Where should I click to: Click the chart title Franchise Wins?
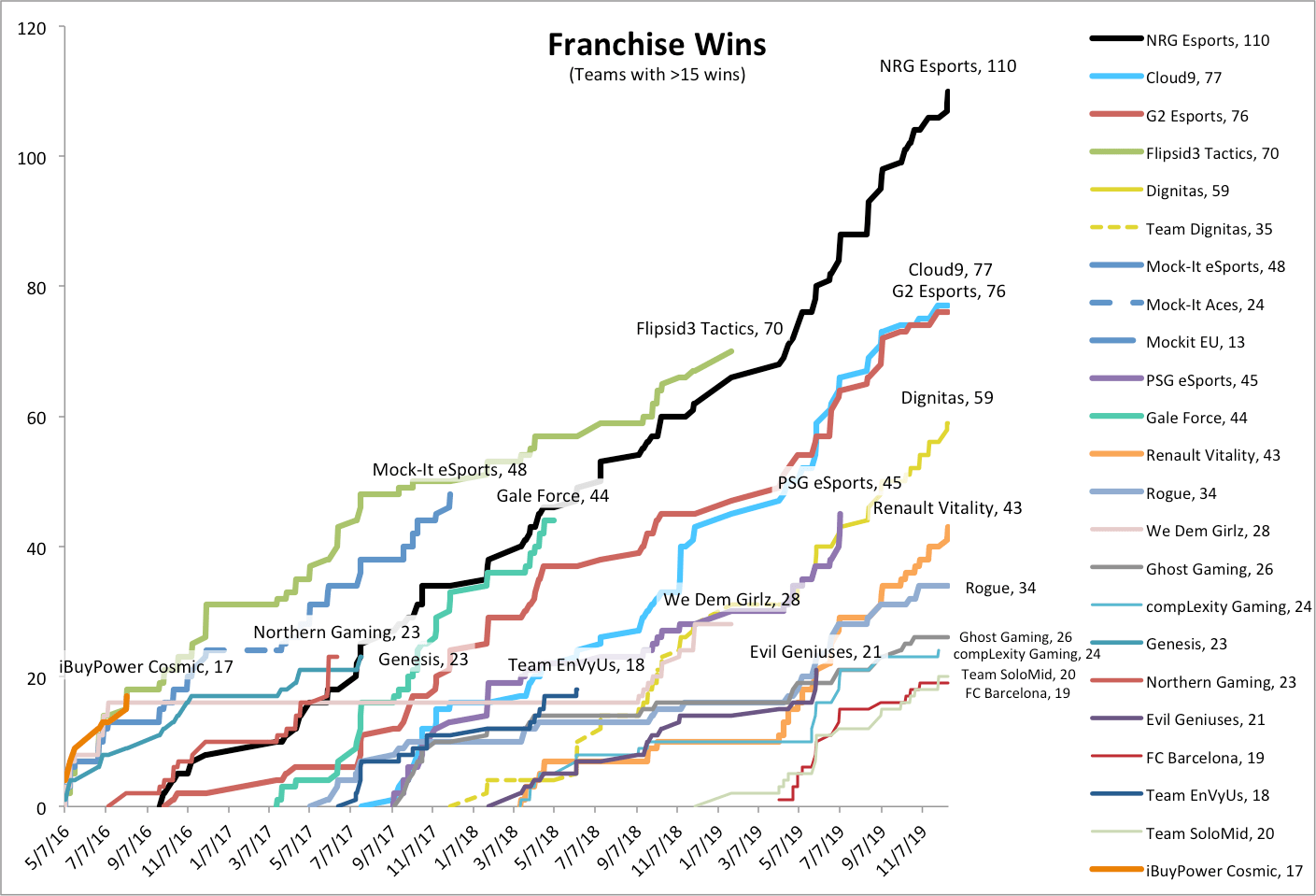tap(657, 45)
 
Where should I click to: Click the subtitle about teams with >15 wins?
tap(657, 75)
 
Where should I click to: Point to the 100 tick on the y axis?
tap(32, 158)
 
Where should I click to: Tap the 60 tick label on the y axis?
tap(35, 418)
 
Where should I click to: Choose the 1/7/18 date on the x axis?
tap(458, 846)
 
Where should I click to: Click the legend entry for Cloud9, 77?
tap(1183, 78)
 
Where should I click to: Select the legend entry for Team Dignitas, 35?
tap(1209, 229)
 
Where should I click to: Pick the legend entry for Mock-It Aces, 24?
tap(1205, 305)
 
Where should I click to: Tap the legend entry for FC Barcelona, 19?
tap(1205, 758)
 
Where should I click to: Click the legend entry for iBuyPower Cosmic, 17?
tap(1224, 871)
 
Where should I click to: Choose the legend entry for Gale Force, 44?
tap(1196, 418)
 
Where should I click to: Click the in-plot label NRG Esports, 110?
tap(947, 66)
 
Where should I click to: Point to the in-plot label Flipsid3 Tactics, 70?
tap(709, 329)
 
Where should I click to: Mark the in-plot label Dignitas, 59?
tap(946, 398)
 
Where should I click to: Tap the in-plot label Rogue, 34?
tap(999, 588)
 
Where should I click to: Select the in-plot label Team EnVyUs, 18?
tap(575, 664)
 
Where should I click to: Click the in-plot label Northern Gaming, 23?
tap(336, 633)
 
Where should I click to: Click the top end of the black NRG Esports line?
tap(948, 92)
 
